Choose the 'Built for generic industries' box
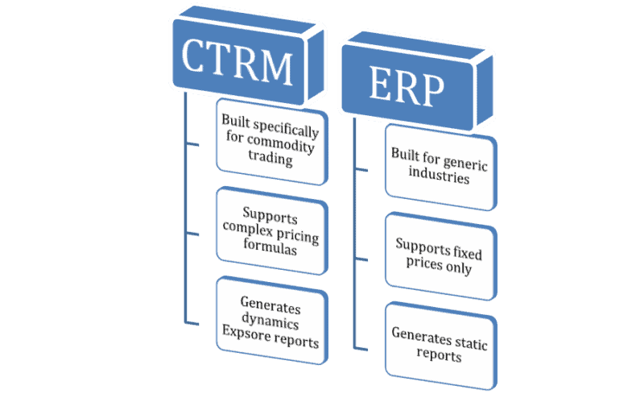coord(439,165)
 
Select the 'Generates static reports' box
coord(439,343)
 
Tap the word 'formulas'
coord(270,251)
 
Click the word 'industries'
coord(439,178)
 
